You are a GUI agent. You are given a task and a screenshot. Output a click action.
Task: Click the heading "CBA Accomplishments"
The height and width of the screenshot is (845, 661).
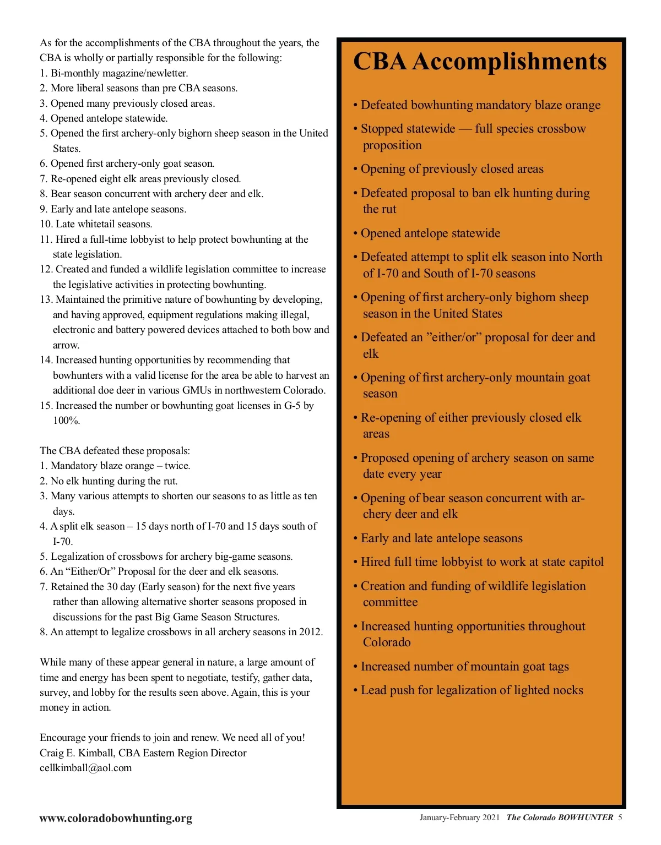click(x=479, y=62)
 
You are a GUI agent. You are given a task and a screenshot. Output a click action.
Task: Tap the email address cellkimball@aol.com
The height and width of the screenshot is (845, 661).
click(x=86, y=768)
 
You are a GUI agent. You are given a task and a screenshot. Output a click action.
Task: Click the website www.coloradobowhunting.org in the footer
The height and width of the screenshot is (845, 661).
click(x=116, y=818)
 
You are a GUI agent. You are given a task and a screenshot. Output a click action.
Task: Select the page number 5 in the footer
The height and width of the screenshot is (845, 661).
click(x=620, y=817)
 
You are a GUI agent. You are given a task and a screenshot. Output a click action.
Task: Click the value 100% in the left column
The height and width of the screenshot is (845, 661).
click(x=67, y=421)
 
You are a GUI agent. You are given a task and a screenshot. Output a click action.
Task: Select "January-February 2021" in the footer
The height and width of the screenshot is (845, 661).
click(x=459, y=817)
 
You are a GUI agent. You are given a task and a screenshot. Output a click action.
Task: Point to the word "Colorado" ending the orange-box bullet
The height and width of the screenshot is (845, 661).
click(x=387, y=642)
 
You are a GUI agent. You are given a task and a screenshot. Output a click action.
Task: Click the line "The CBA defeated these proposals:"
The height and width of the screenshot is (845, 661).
click(x=115, y=451)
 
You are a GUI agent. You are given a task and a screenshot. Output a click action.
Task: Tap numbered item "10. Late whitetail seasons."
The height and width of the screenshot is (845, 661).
click(x=96, y=224)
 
